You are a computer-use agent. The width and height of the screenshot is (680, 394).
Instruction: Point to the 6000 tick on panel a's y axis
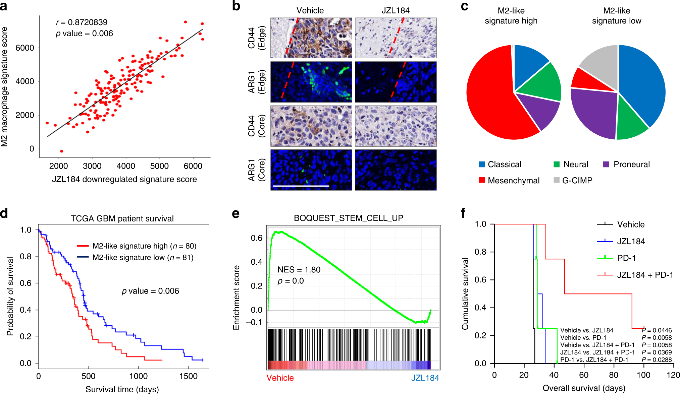pyautogui.click(x=25, y=48)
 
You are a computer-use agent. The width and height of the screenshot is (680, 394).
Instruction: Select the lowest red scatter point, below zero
pyautogui.click(x=61, y=151)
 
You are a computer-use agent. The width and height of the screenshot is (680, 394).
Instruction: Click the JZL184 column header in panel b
pyautogui.click(x=396, y=10)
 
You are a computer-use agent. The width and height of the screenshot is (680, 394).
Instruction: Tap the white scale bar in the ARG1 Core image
pyautogui.click(x=301, y=185)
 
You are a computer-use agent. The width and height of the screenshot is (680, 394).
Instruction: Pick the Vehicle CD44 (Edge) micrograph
pyautogui.click(x=311, y=38)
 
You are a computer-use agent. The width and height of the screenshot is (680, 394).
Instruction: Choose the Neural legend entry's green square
pyautogui.click(x=557, y=164)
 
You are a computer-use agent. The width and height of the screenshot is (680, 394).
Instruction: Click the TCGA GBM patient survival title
pyautogui.click(x=122, y=219)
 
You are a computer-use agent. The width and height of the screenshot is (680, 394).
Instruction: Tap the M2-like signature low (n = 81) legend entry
pyautogui.click(x=143, y=257)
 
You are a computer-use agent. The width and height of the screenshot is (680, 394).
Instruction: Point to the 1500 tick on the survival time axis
pyautogui.click(x=188, y=376)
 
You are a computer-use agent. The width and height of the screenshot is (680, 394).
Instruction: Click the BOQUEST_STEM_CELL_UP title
pyautogui.click(x=349, y=218)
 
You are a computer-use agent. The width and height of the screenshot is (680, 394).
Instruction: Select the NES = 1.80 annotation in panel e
pyautogui.click(x=299, y=270)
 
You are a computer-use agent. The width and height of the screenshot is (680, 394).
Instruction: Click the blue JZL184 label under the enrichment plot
pyautogui.click(x=425, y=378)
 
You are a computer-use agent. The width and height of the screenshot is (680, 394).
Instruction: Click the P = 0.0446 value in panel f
pyautogui.click(x=657, y=330)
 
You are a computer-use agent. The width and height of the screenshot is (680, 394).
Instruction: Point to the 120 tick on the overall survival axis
pyautogui.click(x=673, y=375)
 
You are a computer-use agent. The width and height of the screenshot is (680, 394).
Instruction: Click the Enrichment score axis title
pyautogui.click(x=237, y=298)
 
